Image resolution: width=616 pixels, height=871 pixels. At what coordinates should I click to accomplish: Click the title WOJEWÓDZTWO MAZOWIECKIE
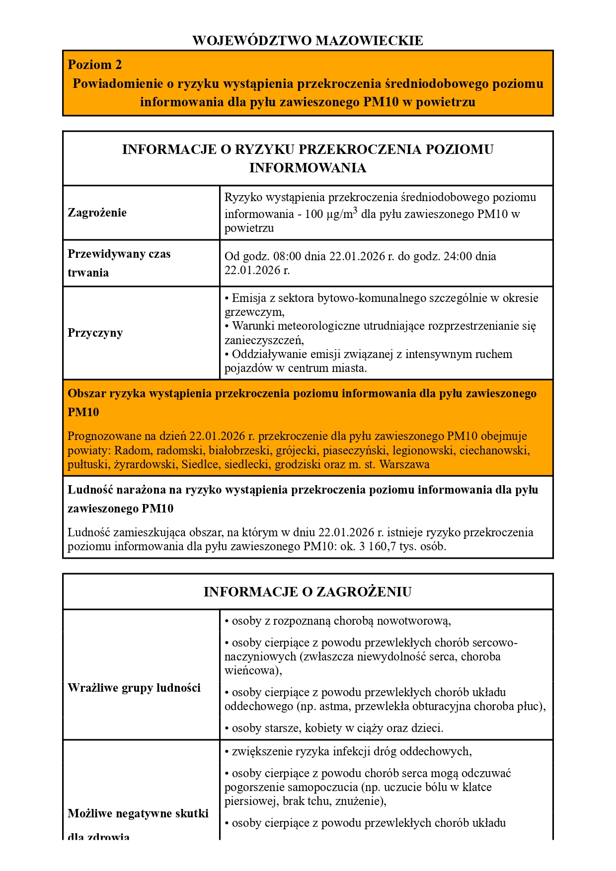click(308, 41)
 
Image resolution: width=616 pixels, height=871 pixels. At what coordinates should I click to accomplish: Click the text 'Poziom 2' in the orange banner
click(94, 65)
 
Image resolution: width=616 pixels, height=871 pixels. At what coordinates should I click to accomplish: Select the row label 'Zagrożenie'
click(97, 213)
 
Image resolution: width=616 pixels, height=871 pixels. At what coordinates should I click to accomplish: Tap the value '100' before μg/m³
click(314, 215)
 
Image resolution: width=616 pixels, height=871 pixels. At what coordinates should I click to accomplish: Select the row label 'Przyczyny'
click(95, 333)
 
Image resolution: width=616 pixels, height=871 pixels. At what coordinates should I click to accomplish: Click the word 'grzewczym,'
click(254, 312)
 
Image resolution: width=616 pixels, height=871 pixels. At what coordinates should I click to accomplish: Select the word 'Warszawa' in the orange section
click(404, 465)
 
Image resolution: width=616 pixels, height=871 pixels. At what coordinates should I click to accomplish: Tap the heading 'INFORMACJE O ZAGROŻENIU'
click(308, 592)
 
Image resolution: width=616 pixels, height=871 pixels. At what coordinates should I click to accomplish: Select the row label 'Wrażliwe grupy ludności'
click(134, 688)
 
